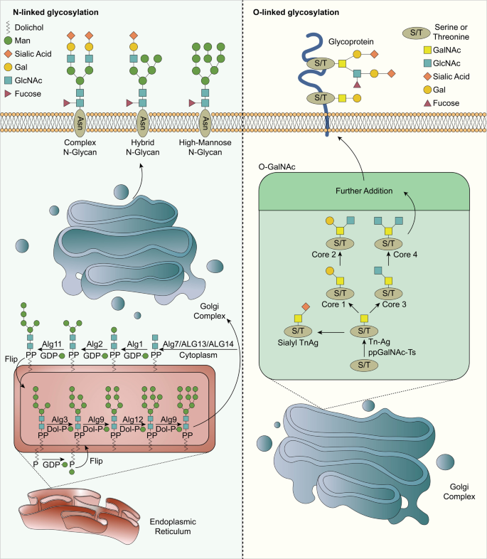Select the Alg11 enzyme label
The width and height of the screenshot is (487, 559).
(x=49, y=342)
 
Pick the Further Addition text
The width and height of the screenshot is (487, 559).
(x=365, y=191)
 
